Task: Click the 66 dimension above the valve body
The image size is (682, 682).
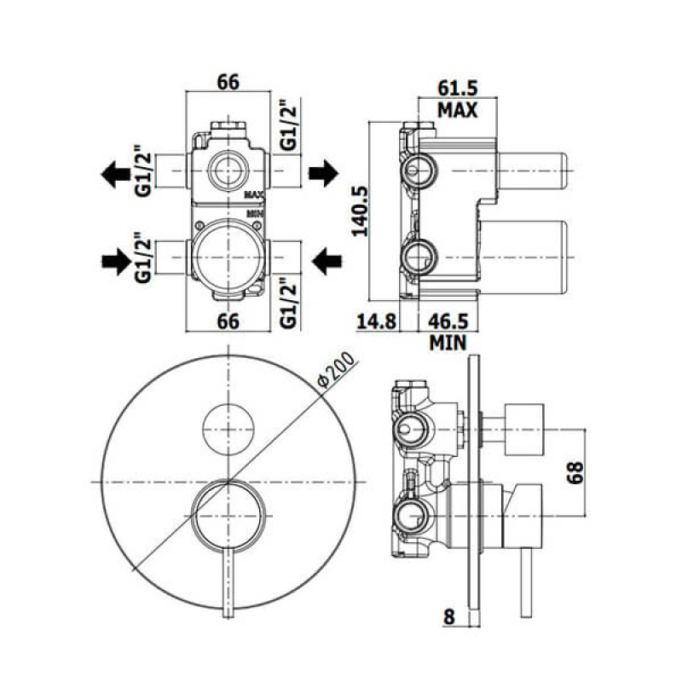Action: (x=228, y=82)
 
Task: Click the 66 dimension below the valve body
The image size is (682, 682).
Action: (x=228, y=321)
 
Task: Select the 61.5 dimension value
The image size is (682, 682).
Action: (x=457, y=87)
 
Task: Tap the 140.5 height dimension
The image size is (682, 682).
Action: (x=360, y=211)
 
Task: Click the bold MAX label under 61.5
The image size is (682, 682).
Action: (x=457, y=109)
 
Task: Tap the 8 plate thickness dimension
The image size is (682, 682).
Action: (x=448, y=616)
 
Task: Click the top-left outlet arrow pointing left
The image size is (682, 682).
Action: (x=112, y=174)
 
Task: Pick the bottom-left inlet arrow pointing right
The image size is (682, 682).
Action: (x=112, y=260)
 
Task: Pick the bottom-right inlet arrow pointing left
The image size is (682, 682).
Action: (x=325, y=260)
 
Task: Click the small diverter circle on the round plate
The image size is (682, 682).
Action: (x=228, y=425)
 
